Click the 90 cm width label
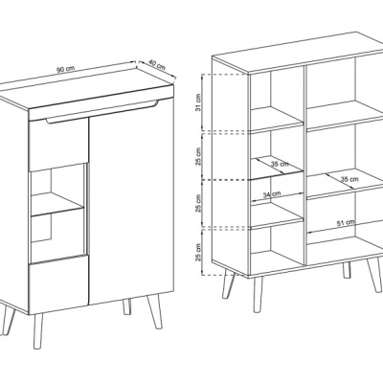[65, 69]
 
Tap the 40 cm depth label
[157, 65]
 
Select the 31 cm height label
[198, 102]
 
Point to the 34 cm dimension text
[272, 194]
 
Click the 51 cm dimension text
[346, 222]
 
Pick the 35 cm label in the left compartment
[280, 164]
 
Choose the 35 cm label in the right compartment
[349, 179]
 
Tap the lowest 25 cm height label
[198, 252]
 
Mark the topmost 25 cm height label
[198, 156]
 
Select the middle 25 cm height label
[198, 203]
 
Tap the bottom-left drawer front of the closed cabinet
[57, 283]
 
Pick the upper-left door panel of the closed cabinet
[58, 145]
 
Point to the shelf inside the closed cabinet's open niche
[57, 204]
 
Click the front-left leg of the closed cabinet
[38, 330]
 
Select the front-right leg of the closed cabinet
[155, 311]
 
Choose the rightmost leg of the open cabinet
[373, 275]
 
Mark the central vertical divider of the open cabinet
[304, 166]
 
